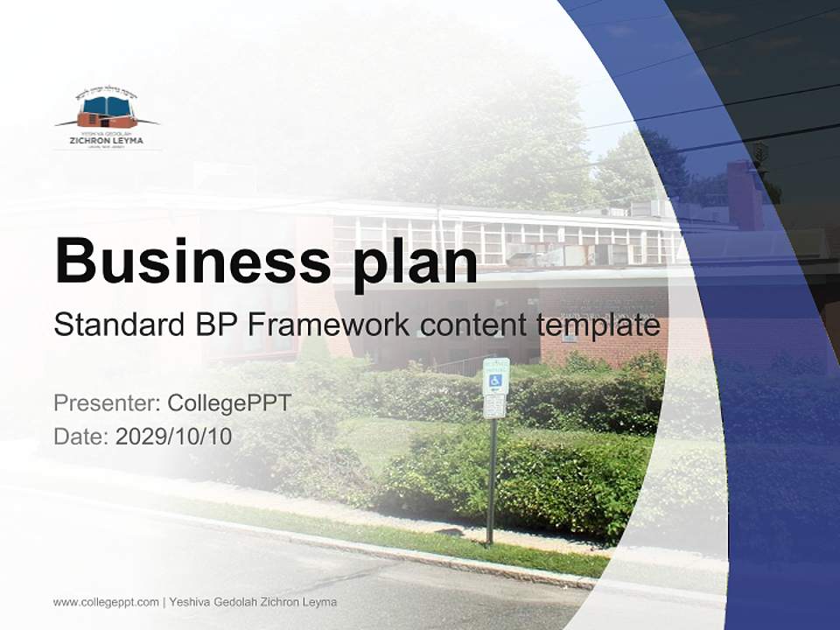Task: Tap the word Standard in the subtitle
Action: (x=117, y=325)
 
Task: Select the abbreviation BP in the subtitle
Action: (x=213, y=325)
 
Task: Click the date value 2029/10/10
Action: (x=174, y=437)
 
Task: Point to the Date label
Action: (x=81, y=437)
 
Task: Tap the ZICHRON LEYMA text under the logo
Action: (x=107, y=140)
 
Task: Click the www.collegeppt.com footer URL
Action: (x=106, y=602)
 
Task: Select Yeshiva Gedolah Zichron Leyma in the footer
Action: (x=253, y=602)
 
